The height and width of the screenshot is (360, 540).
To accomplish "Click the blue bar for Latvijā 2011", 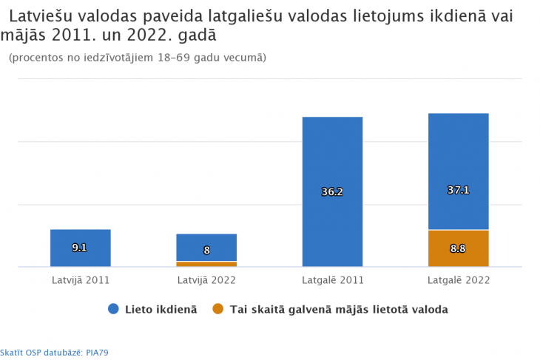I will (x=80, y=257).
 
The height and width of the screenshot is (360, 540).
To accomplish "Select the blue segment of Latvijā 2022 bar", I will (x=206, y=241).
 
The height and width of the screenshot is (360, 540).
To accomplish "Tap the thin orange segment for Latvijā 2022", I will (x=206, y=264).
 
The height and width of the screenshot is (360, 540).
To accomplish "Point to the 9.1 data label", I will (x=80, y=248).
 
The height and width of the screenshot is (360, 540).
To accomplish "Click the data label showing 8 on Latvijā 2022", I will (x=206, y=251).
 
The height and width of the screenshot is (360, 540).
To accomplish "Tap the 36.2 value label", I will (x=332, y=192).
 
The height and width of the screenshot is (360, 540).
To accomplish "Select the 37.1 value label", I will (x=459, y=190).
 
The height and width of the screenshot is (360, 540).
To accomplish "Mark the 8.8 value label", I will (x=458, y=249).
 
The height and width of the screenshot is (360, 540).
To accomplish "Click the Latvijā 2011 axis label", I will (x=80, y=281).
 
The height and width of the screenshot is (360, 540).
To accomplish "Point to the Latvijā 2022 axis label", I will (x=206, y=281).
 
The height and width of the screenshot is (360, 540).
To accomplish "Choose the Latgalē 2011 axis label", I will (x=332, y=281).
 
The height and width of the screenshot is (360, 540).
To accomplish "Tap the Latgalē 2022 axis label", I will (x=459, y=281).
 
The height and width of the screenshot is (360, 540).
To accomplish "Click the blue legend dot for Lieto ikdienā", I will (x=113, y=309).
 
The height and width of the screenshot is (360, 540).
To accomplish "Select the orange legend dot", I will (x=217, y=309).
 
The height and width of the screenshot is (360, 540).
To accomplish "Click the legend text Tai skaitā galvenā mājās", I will (x=339, y=309).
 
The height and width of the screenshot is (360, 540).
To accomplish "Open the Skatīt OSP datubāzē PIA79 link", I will (x=54, y=353).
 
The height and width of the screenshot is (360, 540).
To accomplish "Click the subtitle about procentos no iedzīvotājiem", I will (x=138, y=58).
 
